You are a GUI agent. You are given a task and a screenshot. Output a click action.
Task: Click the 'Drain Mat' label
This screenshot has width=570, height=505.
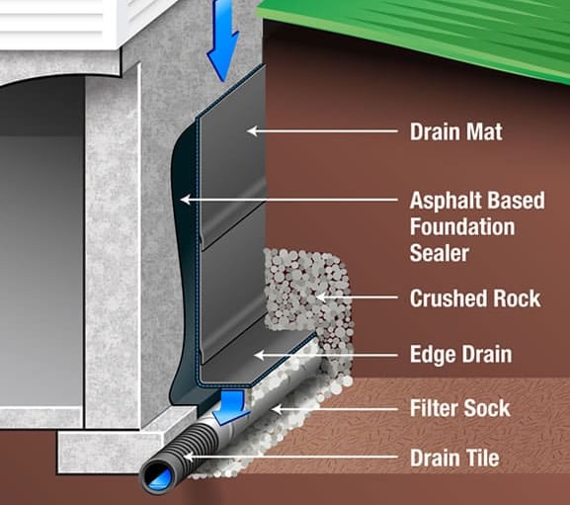(x=456, y=131)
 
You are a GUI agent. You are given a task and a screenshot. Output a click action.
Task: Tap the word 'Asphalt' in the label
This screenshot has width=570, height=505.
(x=446, y=201)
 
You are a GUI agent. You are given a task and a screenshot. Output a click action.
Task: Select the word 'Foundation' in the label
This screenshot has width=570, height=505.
(x=462, y=226)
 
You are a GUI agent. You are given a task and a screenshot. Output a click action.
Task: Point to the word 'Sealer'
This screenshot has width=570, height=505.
(x=440, y=253)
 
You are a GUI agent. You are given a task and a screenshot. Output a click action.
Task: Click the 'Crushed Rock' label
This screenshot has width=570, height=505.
(x=475, y=298)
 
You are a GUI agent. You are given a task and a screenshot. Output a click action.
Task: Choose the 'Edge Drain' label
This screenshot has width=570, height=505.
(x=461, y=354)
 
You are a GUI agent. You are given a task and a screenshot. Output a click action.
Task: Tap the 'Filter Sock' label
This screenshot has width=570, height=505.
(x=460, y=408)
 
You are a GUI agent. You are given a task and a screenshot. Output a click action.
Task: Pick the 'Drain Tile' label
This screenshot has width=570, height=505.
(x=454, y=458)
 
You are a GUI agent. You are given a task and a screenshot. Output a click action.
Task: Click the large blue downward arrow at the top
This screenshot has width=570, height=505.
(x=222, y=39)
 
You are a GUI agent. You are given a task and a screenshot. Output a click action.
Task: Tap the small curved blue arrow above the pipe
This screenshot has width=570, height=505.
(x=230, y=406)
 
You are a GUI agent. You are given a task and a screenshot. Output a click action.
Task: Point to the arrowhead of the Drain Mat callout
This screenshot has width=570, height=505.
(x=252, y=130)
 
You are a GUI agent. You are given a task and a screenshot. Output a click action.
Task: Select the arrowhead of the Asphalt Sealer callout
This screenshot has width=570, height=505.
(x=185, y=200)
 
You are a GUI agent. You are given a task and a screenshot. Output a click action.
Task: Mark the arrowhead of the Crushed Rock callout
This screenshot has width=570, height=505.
(x=319, y=297)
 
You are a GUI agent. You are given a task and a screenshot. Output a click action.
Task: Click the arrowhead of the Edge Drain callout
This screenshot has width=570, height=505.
(x=259, y=355)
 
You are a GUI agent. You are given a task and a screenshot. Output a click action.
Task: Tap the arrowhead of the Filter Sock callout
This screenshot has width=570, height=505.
(x=277, y=409)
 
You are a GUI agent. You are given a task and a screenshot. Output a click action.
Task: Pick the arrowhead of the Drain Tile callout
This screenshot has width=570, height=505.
(x=188, y=457)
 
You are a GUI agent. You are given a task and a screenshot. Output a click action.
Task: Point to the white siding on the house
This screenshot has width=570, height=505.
(x=54, y=22)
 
